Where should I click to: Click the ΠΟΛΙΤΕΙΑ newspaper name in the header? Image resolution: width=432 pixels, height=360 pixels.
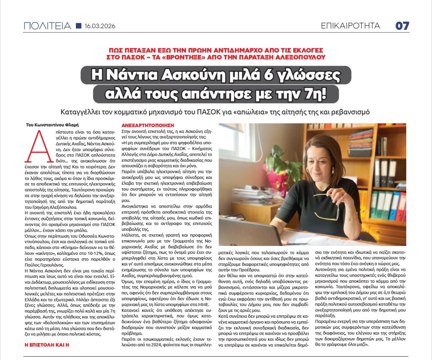[x=47, y=26]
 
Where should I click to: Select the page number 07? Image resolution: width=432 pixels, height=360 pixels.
[x=402, y=26]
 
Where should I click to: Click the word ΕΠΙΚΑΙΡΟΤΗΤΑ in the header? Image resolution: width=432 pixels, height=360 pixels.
[x=350, y=26]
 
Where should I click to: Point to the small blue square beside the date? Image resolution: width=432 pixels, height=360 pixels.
[x=78, y=26]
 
